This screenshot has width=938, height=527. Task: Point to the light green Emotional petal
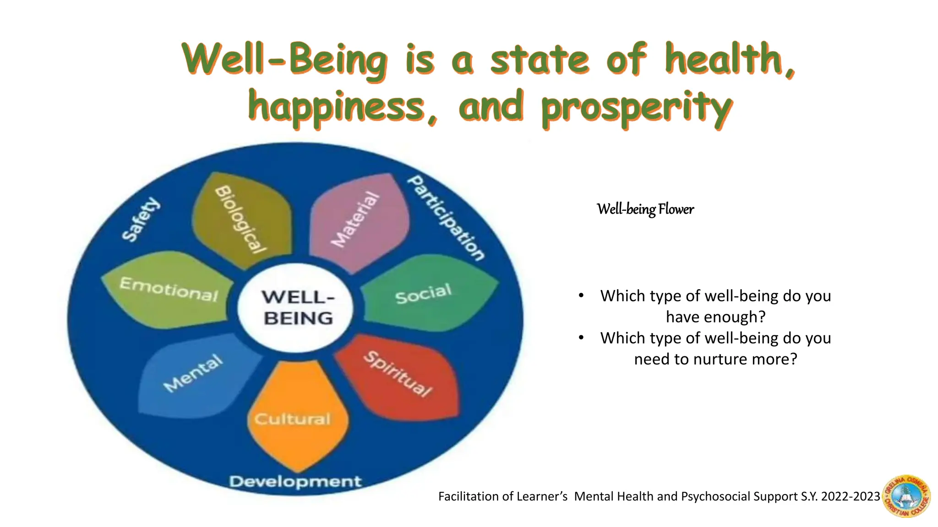coord(169,290)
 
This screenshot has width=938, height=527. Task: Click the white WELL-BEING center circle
coord(297,307)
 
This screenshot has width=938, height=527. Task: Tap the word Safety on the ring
coord(141,220)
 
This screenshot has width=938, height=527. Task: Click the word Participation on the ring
coord(446,218)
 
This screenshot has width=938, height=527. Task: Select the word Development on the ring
coord(295,481)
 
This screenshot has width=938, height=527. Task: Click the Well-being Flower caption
coord(645,210)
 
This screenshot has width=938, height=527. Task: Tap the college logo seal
coord(906,496)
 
